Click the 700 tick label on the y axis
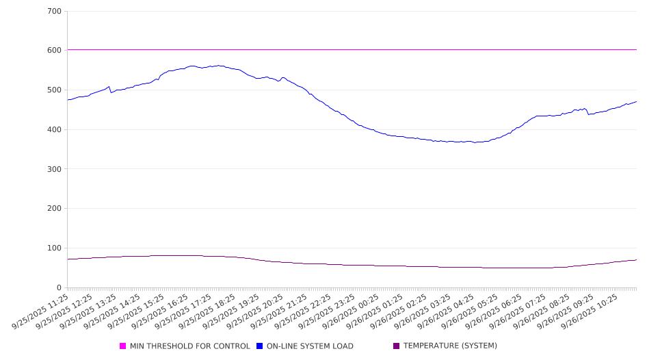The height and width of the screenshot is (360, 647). pos(55,12)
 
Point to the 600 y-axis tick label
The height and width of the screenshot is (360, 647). pos(55,51)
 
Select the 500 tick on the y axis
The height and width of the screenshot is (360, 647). pos(55,90)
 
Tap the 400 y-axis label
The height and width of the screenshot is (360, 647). pos(55,130)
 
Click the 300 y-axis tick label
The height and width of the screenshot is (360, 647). pos(55,169)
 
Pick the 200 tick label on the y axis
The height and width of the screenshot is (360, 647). pos(55,209)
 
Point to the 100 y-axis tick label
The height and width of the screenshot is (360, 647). pos(55,248)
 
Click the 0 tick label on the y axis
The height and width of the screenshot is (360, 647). pos(60,288)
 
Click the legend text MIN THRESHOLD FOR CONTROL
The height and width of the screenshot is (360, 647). pos(189,346)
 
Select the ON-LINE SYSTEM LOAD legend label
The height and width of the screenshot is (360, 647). pos(310,346)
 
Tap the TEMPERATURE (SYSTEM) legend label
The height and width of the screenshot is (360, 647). pos(450,346)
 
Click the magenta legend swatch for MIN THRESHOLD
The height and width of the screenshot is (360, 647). pos(123,346)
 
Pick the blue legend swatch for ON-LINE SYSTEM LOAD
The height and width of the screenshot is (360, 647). pos(260,346)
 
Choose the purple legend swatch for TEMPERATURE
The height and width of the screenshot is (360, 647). pos(397,346)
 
